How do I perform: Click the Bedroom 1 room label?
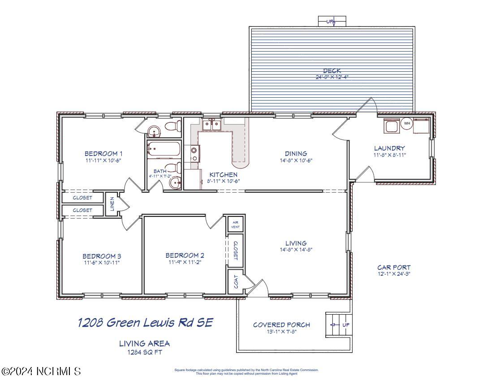pos(103,154)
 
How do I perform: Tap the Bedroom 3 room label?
pos(102,256)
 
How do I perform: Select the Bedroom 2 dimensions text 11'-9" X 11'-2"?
pos(185,262)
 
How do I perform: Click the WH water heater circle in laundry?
pos(407,124)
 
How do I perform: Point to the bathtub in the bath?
pos(164,149)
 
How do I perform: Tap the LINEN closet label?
pos(112,204)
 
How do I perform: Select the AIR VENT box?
pos(235,225)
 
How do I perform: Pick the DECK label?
pos(332,71)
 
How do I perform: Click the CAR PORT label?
pos(394,268)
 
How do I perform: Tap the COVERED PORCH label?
pos(281,325)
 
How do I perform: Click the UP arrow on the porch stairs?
pos(333,325)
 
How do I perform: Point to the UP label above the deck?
pos(330,21)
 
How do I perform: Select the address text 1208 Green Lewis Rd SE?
pos(146,323)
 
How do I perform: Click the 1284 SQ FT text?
pos(144,352)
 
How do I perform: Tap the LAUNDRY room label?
pos(389,148)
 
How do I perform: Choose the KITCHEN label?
pos(224,175)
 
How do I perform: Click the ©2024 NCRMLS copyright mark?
pos(42,372)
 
